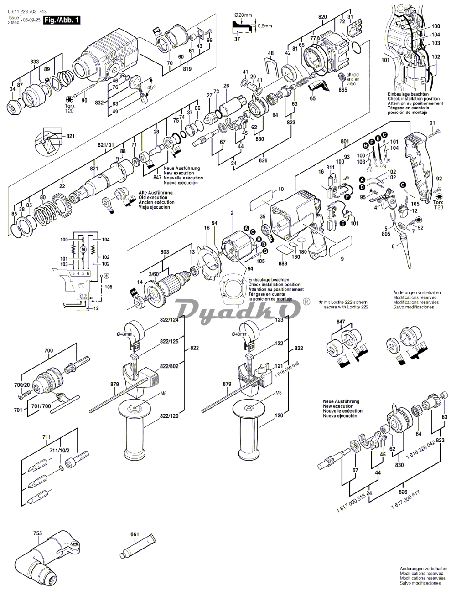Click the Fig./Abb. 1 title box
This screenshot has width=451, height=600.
click(x=61, y=20)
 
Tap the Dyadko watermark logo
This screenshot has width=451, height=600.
click(x=238, y=309)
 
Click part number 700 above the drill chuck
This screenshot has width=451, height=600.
click(x=48, y=350)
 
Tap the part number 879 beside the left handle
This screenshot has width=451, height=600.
click(x=114, y=385)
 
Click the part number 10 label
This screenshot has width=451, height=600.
click(x=281, y=189)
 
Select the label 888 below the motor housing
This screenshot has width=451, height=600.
click(x=283, y=263)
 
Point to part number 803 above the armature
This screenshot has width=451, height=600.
click(x=165, y=252)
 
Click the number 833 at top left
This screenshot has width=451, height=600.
click(x=35, y=61)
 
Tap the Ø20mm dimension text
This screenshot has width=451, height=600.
click(x=243, y=15)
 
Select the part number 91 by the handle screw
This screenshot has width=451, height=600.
click(x=432, y=123)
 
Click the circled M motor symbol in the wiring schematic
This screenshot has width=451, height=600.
click(x=83, y=249)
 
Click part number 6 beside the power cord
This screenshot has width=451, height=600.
click(x=393, y=246)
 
